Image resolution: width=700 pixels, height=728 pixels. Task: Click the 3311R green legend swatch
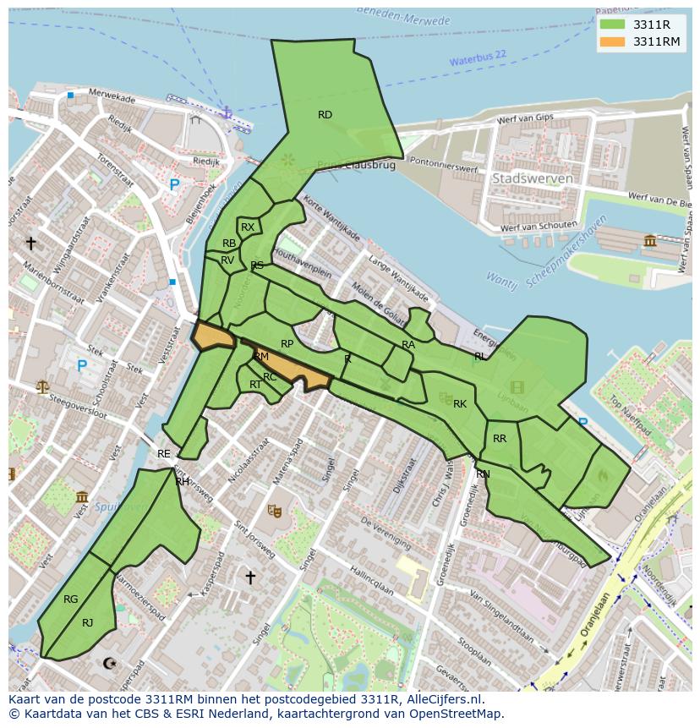(x=612, y=25)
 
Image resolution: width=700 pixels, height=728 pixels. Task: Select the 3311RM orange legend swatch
(x=612, y=41)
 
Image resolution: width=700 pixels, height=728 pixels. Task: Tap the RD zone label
(x=325, y=115)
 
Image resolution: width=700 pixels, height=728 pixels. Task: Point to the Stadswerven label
(x=532, y=178)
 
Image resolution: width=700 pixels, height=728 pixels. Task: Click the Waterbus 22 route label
(x=478, y=58)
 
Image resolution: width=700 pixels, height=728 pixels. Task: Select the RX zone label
(x=248, y=227)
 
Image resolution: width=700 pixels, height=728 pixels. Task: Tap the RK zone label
(x=460, y=404)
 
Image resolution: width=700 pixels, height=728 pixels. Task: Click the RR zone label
(x=500, y=439)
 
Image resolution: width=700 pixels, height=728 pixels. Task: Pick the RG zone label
(x=71, y=599)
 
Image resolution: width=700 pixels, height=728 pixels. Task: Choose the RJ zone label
(x=88, y=623)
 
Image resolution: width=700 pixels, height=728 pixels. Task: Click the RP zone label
(x=287, y=344)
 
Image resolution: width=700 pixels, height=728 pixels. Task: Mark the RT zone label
(x=255, y=385)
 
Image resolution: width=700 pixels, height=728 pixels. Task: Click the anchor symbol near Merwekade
(x=226, y=112)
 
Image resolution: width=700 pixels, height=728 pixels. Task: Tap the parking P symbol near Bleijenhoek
(x=174, y=184)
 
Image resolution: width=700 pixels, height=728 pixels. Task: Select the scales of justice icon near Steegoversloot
(x=42, y=386)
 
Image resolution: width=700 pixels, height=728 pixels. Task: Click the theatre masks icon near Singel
(x=274, y=511)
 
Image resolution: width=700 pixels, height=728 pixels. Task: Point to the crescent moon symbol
(x=108, y=664)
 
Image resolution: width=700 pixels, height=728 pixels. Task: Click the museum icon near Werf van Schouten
(x=650, y=241)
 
